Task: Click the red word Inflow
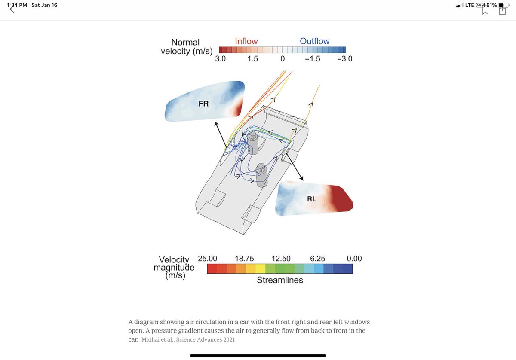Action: [246, 41]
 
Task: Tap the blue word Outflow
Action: [314, 41]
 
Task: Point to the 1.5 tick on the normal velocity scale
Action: [252, 59]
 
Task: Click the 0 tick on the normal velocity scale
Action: [283, 59]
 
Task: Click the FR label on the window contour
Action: [203, 104]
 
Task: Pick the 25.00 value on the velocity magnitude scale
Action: [207, 259]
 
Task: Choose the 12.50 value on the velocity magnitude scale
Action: [281, 259]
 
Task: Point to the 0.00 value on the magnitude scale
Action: [354, 259]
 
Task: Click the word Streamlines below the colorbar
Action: [280, 280]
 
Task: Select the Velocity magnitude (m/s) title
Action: [174, 267]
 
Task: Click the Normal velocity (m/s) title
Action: [186, 47]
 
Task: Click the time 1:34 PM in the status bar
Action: [17, 5]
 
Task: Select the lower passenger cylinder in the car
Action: [261, 175]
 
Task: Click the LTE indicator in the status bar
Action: [470, 5]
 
